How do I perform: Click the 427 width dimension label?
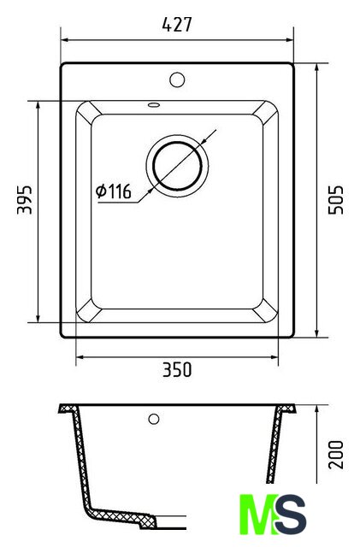click(x=177, y=25)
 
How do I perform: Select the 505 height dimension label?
click(x=336, y=200)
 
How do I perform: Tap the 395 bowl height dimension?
click(x=25, y=199)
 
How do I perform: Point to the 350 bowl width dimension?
click(x=177, y=370)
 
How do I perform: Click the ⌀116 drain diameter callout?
click(x=114, y=191)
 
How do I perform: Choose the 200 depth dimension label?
click(x=336, y=455)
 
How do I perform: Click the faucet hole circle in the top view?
click(x=177, y=79)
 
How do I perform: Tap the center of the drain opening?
click(x=177, y=166)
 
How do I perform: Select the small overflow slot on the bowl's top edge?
click(x=154, y=104)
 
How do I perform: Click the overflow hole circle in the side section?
click(x=154, y=419)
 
